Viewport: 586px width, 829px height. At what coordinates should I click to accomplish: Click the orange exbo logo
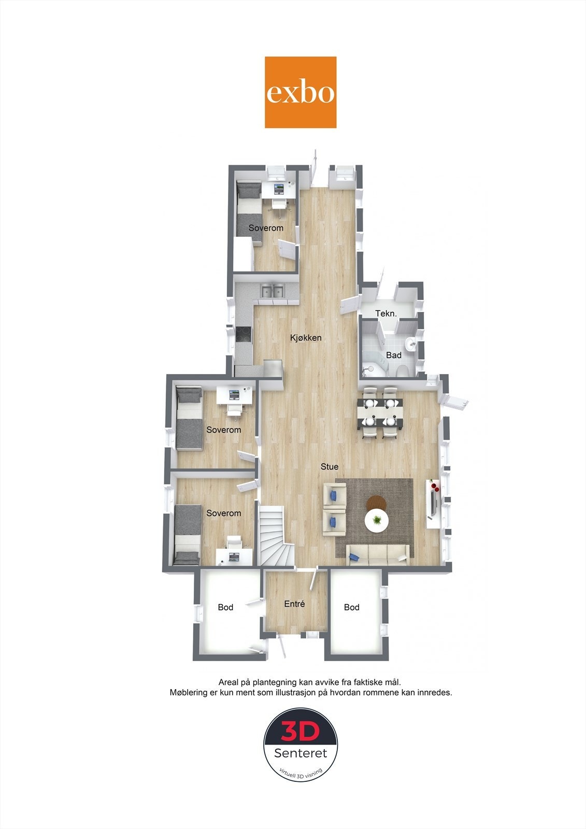click(x=301, y=92)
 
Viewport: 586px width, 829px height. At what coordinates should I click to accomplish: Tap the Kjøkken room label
click(x=305, y=338)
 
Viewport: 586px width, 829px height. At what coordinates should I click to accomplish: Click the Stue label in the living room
click(x=330, y=466)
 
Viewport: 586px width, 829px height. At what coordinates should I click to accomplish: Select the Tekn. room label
click(x=386, y=313)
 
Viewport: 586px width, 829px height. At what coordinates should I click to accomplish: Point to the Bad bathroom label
click(x=394, y=355)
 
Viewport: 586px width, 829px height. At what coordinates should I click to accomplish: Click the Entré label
click(x=294, y=604)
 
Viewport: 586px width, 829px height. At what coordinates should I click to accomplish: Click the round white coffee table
click(x=377, y=521)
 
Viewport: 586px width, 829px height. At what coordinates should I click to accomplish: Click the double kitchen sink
click(x=273, y=292)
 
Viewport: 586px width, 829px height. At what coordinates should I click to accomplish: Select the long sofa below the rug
click(x=378, y=554)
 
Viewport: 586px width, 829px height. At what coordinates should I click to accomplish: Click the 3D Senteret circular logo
click(x=301, y=745)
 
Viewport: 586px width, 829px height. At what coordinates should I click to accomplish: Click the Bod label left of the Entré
click(x=225, y=607)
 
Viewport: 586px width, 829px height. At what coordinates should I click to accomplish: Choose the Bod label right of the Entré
click(x=352, y=607)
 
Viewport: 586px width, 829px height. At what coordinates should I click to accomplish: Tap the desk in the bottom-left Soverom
click(x=234, y=556)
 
